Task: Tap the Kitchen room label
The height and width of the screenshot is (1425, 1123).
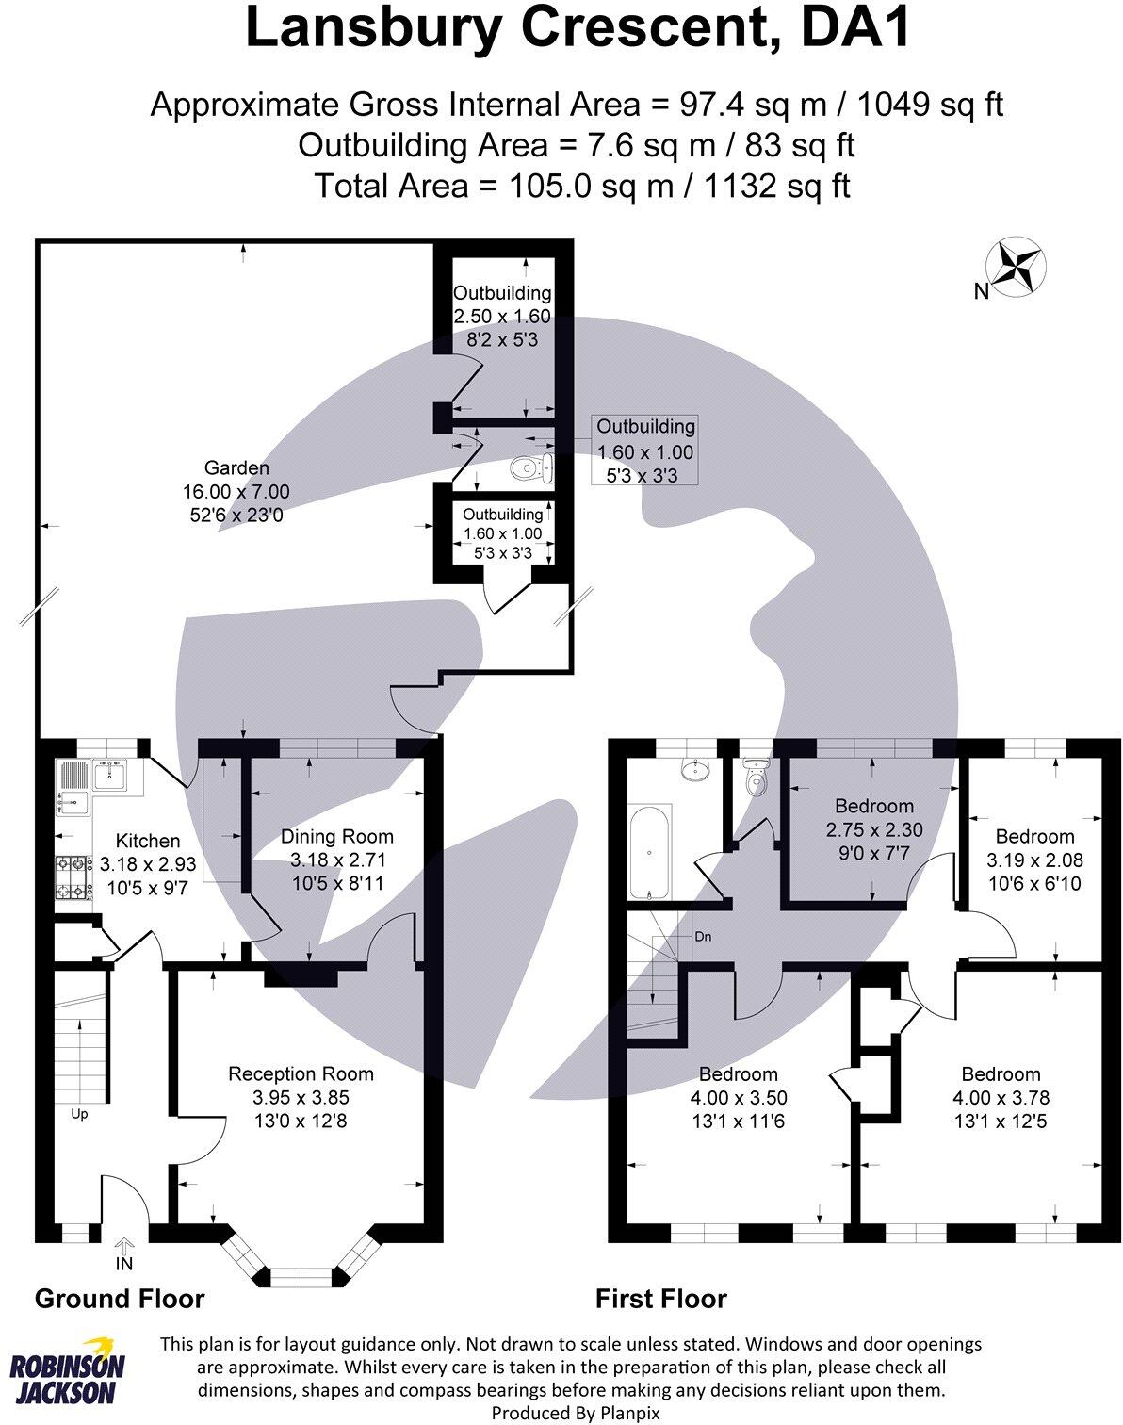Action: [147, 841]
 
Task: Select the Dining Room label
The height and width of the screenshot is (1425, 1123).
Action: [337, 836]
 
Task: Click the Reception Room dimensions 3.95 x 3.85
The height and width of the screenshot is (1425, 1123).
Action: [301, 1097]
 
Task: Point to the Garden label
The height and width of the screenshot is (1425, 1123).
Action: [236, 467]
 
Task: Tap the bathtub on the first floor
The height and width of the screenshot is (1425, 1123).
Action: [649, 851]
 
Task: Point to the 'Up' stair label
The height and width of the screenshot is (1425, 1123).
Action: [80, 1114]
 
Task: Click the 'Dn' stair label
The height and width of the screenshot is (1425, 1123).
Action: [703, 937]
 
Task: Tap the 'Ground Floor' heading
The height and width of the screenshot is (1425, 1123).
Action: [120, 1299]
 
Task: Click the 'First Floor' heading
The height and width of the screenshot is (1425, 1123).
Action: [660, 1299]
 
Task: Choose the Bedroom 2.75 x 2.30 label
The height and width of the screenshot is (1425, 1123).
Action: [873, 806]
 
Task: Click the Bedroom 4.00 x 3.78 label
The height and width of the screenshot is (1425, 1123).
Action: [1001, 1074]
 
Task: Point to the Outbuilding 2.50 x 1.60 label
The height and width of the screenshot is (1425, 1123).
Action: [502, 293]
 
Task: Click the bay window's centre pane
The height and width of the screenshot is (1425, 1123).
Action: [301, 1277]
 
